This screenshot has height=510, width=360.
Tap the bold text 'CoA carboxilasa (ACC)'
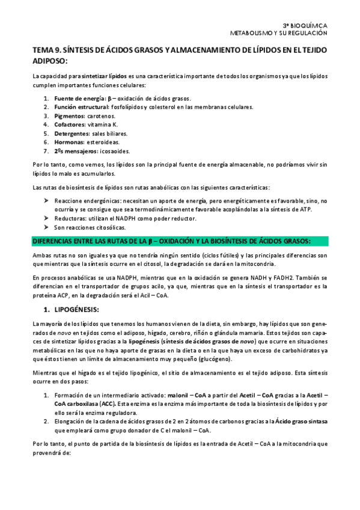tap(85, 404)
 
